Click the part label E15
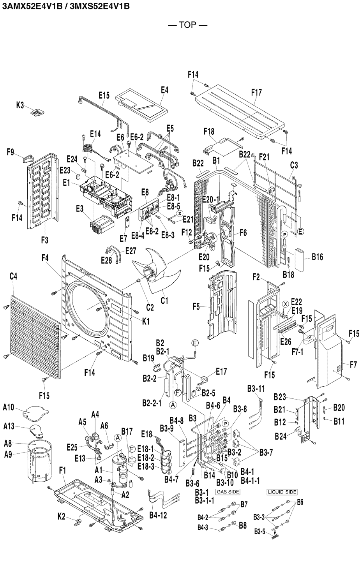click(x=104, y=95)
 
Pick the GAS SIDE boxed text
click(x=228, y=491)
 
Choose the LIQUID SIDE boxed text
click(x=282, y=491)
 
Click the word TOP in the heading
click(x=187, y=25)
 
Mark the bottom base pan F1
click(x=99, y=507)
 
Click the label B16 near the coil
click(x=317, y=257)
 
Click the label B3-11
click(x=256, y=389)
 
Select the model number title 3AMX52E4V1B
click(x=33, y=6)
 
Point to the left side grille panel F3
click(x=42, y=193)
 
